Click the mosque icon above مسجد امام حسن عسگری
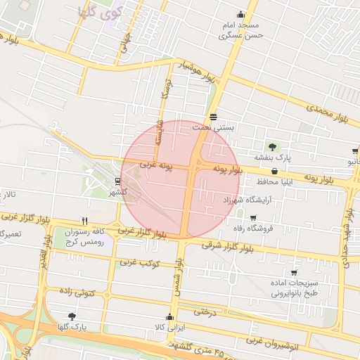click(241, 14)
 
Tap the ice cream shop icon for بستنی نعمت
click(214, 117)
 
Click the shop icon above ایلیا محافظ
click(274, 172)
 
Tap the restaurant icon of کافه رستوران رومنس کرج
click(84, 220)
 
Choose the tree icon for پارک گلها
click(72, 316)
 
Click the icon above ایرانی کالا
click(169, 316)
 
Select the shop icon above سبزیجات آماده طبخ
click(293, 273)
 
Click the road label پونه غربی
click(155, 165)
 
